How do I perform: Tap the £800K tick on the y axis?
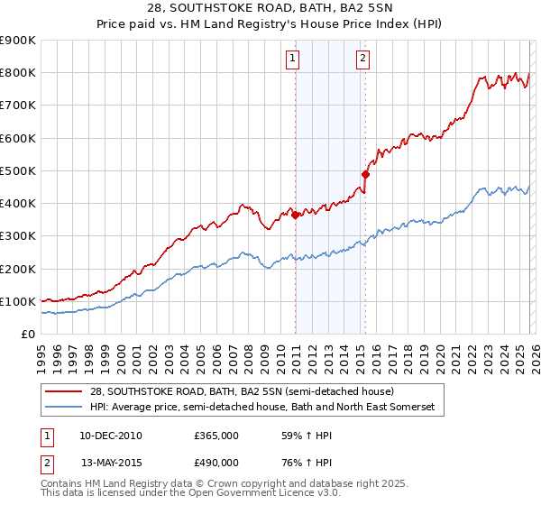click(18, 73)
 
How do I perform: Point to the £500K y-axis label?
click(18, 170)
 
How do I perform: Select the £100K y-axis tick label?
click(18, 301)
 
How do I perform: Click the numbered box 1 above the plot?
click(294, 60)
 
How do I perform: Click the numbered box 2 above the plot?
click(362, 60)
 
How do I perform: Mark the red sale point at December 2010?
click(295, 215)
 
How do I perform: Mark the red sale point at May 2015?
click(365, 174)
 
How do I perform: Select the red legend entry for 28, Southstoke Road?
click(242, 391)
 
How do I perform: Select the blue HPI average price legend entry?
click(261, 408)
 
